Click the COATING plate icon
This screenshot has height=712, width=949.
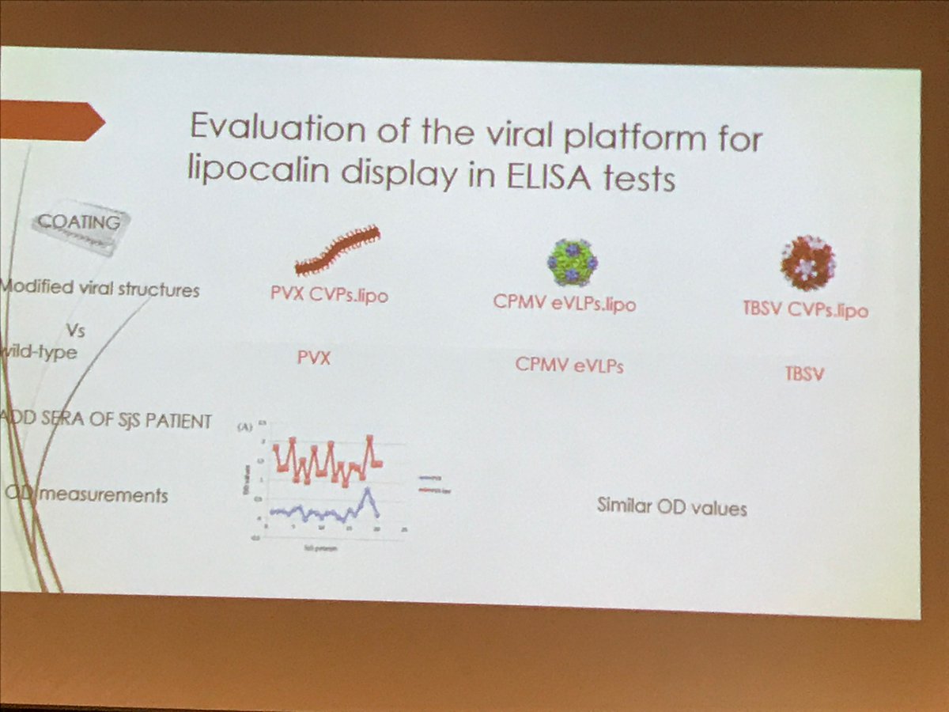[x=78, y=229]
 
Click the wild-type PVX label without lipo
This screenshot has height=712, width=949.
[x=313, y=358]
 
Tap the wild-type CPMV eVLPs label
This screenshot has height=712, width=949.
[x=569, y=365]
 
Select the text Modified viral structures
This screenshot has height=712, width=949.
[x=101, y=289]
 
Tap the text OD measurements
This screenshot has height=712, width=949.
[x=87, y=495]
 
